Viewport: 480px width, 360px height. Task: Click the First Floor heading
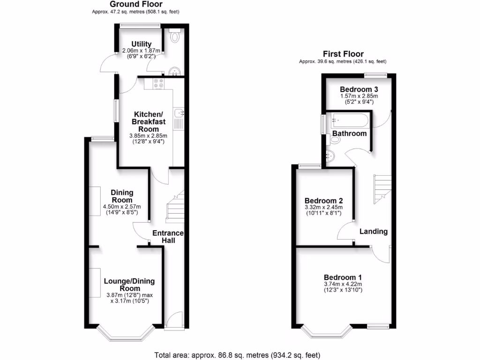tap(343, 54)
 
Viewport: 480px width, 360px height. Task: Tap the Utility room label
tap(141, 44)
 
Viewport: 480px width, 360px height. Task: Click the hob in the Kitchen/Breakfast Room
tap(158, 83)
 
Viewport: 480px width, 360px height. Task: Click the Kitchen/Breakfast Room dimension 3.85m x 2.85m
tap(148, 136)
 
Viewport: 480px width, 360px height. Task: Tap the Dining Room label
tap(122, 196)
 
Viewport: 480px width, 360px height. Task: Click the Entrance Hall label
tap(168, 237)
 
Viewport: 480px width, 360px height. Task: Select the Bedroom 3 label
tap(359, 89)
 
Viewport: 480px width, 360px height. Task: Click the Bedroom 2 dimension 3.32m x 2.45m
tap(324, 207)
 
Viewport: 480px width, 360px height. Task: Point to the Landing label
tap(374, 231)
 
